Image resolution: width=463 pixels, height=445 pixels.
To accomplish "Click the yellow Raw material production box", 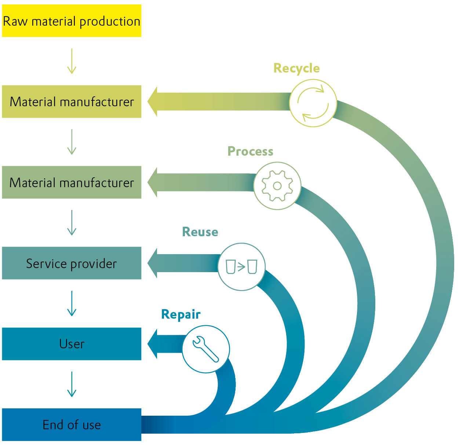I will [72, 21].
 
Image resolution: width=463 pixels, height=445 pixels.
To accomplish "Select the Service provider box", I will [72, 263].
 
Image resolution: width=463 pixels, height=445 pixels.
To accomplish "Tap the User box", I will [72, 344].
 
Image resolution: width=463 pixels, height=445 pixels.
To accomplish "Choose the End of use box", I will [72, 424].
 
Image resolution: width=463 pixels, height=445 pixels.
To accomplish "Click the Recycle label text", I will [296, 68].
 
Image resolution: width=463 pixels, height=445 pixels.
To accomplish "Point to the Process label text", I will [250, 151].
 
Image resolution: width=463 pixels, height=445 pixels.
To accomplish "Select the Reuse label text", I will [200, 232].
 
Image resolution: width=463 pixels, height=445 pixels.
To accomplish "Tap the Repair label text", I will [181, 315].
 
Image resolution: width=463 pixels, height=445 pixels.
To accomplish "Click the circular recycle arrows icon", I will [313, 103].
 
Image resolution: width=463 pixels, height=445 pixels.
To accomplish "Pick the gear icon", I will [277, 186].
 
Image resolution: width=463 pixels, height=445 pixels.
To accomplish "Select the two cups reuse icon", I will [241, 267].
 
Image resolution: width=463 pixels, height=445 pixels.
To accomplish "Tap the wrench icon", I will [206, 349].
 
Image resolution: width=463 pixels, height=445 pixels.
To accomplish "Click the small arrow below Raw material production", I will [72, 61].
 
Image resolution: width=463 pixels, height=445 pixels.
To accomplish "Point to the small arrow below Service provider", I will [72, 303].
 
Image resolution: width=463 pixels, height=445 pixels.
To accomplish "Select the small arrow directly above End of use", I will [72, 384].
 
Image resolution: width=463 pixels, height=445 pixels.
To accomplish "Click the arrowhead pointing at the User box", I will [153, 344].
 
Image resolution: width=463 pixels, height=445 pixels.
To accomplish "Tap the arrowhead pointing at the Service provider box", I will [153, 263].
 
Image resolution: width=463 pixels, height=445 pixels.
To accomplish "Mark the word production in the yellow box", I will [110, 22].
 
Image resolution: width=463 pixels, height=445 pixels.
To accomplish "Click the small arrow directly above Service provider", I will [72, 223].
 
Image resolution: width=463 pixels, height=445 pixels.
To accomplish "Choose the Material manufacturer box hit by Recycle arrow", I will [72, 101].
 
